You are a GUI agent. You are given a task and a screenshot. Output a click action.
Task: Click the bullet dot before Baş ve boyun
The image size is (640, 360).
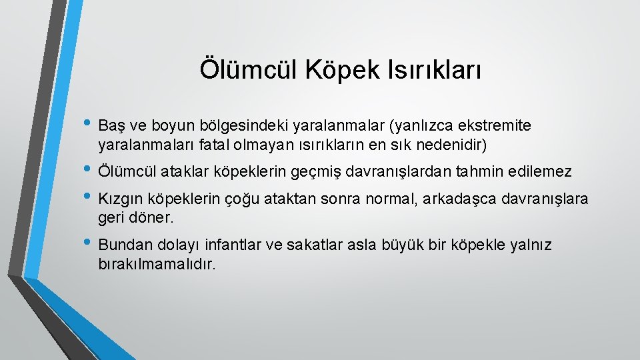click(x=89, y=125)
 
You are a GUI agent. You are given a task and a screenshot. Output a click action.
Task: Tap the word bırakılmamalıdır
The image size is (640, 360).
click(x=157, y=264)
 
